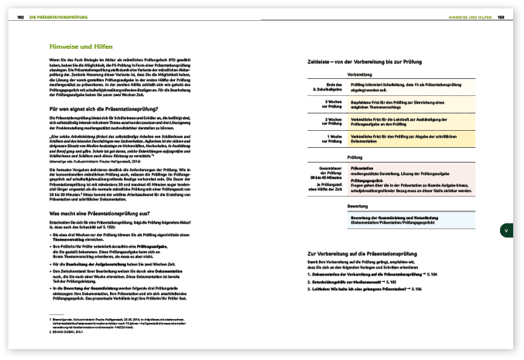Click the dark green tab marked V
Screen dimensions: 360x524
(505, 230)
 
